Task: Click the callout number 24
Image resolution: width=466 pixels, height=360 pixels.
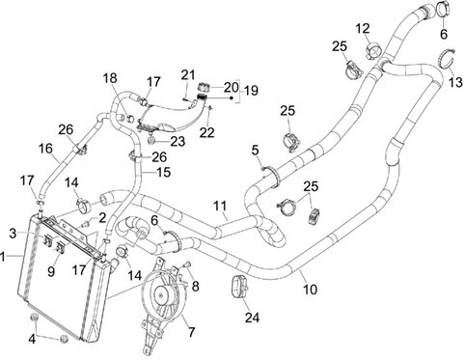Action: pyautogui.click(x=252, y=318)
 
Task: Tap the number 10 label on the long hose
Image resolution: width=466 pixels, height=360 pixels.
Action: pyautogui.click(x=310, y=290)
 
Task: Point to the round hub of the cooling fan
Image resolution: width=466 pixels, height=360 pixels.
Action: pyautogui.click(x=162, y=294)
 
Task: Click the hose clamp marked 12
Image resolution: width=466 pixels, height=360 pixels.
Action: pyautogui.click(x=373, y=51)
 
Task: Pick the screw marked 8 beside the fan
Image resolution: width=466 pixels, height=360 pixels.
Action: pyautogui.click(x=187, y=264)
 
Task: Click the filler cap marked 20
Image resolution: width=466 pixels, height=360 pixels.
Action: pyautogui.click(x=203, y=87)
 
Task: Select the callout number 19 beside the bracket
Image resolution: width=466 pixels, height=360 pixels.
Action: pyautogui.click(x=251, y=91)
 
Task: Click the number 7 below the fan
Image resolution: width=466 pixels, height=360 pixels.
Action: pyautogui.click(x=192, y=332)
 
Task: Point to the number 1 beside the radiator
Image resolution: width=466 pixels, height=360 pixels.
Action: pyautogui.click(x=3, y=257)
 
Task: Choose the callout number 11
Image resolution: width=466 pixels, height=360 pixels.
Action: pyautogui.click(x=220, y=206)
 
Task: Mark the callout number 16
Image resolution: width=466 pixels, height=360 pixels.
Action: pyautogui.click(x=45, y=149)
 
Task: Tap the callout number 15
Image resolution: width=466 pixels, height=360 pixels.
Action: pyautogui.click(x=163, y=172)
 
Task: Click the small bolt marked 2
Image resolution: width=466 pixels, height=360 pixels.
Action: pyautogui.click(x=86, y=224)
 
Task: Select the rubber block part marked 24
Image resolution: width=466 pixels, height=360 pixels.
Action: pyautogui.click(x=239, y=287)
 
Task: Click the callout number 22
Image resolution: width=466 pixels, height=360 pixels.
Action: pyautogui.click(x=206, y=132)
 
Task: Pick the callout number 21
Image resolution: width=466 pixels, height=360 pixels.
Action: pyautogui.click(x=188, y=75)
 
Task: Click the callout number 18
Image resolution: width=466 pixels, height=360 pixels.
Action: pyautogui.click(x=110, y=78)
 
